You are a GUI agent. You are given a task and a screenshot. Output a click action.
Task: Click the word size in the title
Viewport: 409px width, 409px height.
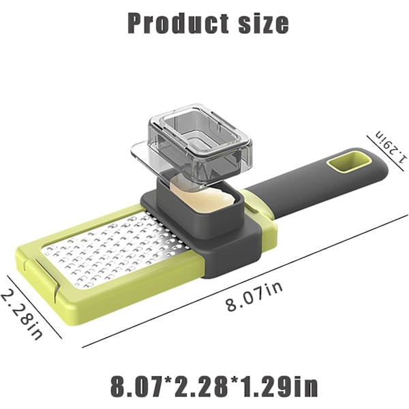pos(263,23)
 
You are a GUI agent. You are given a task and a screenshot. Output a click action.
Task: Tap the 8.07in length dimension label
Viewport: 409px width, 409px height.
pos(254,297)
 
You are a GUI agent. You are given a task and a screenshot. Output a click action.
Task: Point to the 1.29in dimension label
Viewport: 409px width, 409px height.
pos(391,146)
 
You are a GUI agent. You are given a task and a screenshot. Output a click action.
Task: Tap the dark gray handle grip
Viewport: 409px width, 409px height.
pos(318,180)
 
